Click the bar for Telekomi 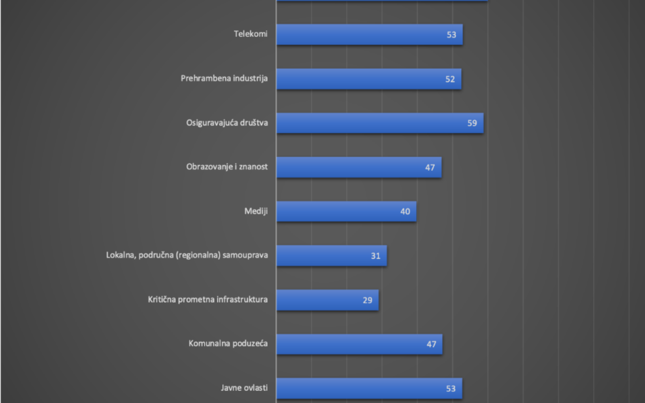click(x=369, y=35)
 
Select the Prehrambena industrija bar click(x=368, y=79)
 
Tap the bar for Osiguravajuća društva click(x=380, y=123)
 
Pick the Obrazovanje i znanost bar click(x=359, y=167)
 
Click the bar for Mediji click(x=346, y=212)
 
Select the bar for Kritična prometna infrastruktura click(x=327, y=300)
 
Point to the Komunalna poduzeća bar click(x=359, y=344)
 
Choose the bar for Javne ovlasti click(x=369, y=388)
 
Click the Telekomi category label click(x=250, y=34)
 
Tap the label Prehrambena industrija click(x=224, y=78)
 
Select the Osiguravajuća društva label click(x=227, y=123)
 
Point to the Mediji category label click(x=256, y=211)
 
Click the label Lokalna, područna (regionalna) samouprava click(x=187, y=255)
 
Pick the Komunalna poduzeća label click(x=228, y=343)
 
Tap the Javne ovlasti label click(x=244, y=388)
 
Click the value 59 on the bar click(x=472, y=123)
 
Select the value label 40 click(x=405, y=212)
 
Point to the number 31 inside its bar click(x=376, y=256)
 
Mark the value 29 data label click(x=367, y=300)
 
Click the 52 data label click(x=450, y=79)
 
